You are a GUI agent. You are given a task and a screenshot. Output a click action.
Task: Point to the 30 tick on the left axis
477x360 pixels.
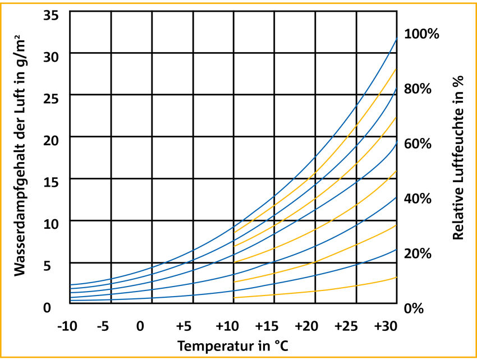52,56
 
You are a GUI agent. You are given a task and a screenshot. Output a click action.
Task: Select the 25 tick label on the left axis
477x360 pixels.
52,98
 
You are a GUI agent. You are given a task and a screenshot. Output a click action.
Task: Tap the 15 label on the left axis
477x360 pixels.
52,182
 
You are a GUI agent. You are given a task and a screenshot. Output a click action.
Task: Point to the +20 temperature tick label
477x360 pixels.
308,326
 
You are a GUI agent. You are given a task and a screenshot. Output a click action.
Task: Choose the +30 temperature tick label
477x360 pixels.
387,326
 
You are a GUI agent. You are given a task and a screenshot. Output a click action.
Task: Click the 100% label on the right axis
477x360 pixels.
422,35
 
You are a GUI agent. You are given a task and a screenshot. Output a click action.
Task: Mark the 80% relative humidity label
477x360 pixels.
418,89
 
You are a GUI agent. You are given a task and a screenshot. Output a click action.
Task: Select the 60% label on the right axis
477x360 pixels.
418,144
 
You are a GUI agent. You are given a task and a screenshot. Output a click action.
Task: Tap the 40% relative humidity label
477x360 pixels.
418,199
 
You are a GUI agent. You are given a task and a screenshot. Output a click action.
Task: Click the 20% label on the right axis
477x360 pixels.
418,253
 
